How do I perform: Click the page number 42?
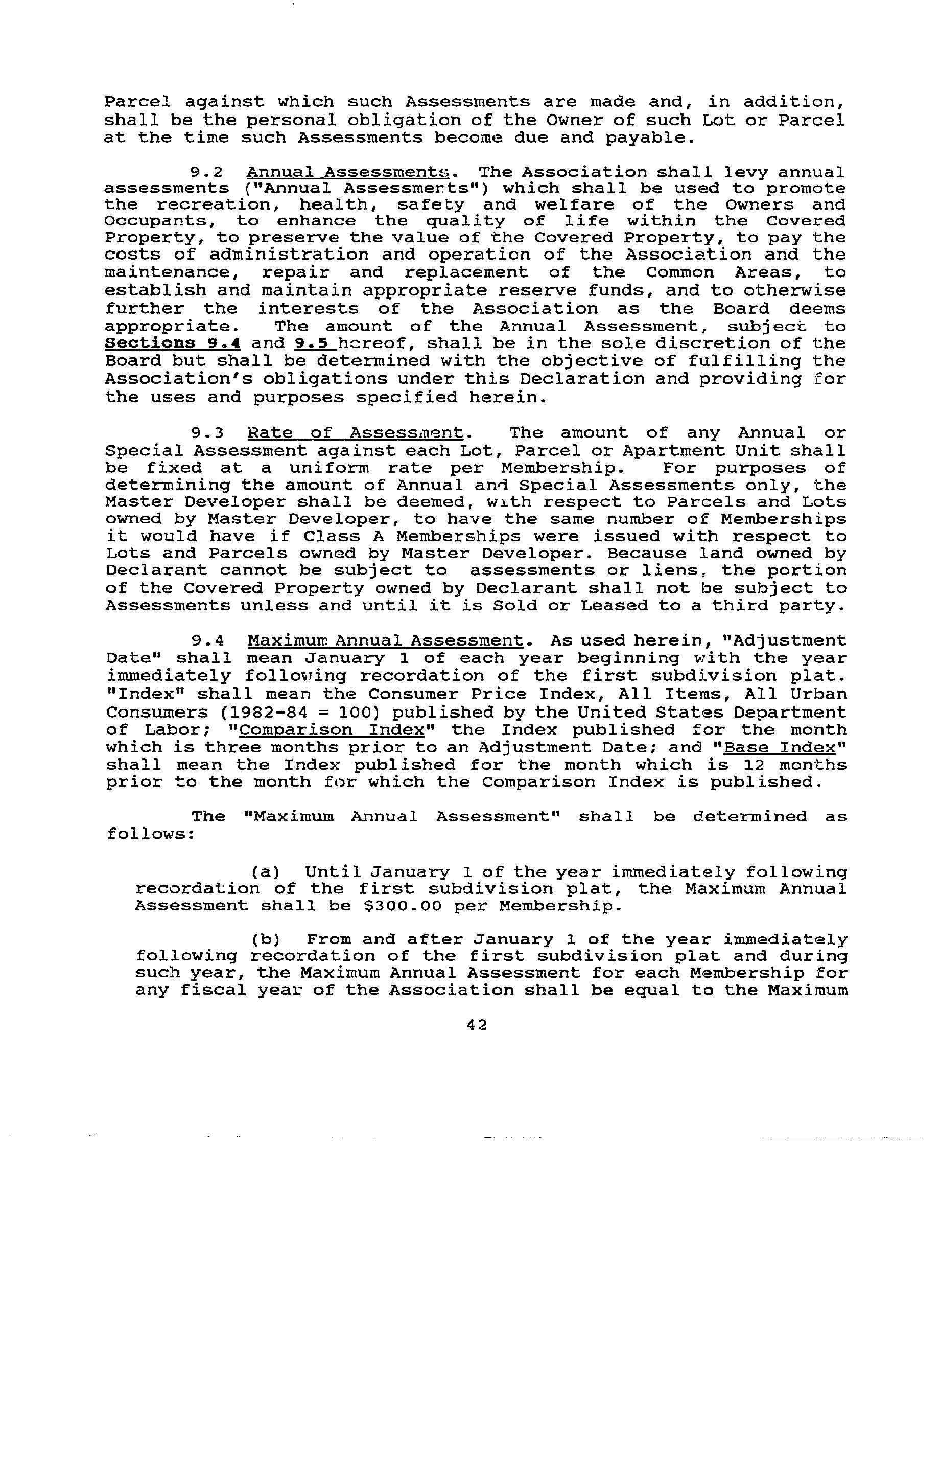[476, 1025]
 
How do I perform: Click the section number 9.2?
[207, 172]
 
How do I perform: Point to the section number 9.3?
[207, 433]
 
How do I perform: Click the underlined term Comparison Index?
[333, 730]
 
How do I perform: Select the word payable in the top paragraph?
[650, 137]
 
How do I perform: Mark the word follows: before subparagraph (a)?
[150, 834]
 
